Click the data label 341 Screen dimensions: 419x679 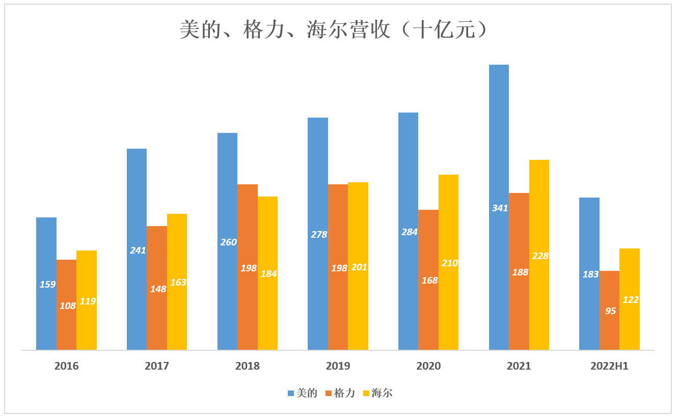(500, 208)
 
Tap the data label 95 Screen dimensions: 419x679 (610, 311)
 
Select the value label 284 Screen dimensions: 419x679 (409, 232)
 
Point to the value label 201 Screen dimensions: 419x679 (359, 267)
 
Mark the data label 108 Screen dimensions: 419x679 (67, 306)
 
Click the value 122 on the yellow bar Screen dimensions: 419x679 (631, 300)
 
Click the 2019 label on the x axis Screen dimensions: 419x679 (338, 366)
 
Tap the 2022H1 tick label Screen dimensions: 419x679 (609, 366)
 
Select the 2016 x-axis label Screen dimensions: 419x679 (66, 366)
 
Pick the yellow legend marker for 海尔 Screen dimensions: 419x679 (366, 393)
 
